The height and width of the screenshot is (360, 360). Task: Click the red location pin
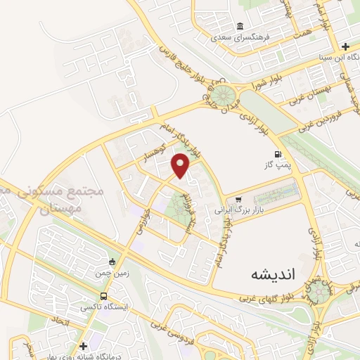tap(181, 166)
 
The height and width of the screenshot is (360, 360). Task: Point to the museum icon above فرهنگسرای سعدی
tap(240, 25)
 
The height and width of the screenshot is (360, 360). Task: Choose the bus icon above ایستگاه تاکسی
tap(104, 297)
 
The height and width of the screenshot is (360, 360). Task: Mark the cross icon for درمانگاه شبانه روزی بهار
tap(84, 345)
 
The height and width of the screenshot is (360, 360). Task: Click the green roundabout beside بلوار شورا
tap(226, 95)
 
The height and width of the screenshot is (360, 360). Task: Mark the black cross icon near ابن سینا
tap(345, 46)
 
